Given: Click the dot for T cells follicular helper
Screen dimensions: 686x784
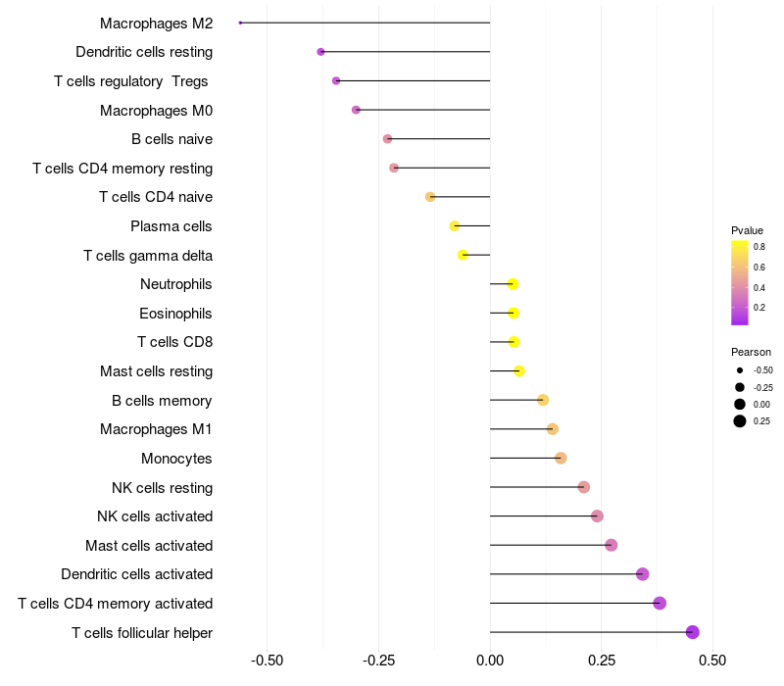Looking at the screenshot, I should (x=693, y=632).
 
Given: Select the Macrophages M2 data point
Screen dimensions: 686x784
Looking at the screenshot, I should (x=240, y=23).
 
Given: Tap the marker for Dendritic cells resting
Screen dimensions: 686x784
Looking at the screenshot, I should (x=320, y=52).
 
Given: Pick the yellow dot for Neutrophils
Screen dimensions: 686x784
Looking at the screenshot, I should (x=513, y=284).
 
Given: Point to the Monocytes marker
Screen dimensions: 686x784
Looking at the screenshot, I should (x=561, y=458).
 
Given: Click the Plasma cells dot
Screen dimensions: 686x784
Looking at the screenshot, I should (x=454, y=225).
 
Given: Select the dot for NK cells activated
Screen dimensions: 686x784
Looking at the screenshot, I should (x=597, y=515).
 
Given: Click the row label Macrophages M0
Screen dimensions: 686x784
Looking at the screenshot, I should (x=156, y=111).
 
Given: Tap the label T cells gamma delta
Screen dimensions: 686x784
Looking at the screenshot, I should (x=148, y=256).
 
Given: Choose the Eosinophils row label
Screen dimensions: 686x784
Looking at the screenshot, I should (x=175, y=314).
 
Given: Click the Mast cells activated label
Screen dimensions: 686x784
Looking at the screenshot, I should (x=149, y=545).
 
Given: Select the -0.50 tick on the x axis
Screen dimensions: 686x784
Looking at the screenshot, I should (x=268, y=661).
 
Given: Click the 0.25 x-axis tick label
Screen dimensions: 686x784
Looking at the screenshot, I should (x=602, y=661).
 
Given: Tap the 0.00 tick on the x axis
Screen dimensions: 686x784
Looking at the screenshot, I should (x=490, y=661).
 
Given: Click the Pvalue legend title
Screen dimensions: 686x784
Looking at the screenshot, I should (x=747, y=230).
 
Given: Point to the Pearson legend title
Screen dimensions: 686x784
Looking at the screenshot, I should (x=751, y=352).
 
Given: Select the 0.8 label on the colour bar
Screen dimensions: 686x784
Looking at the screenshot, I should (x=759, y=247).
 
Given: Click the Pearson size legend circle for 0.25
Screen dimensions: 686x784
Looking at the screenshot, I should (x=739, y=421).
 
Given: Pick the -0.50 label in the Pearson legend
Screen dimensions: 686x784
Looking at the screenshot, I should (x=762, y=370).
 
